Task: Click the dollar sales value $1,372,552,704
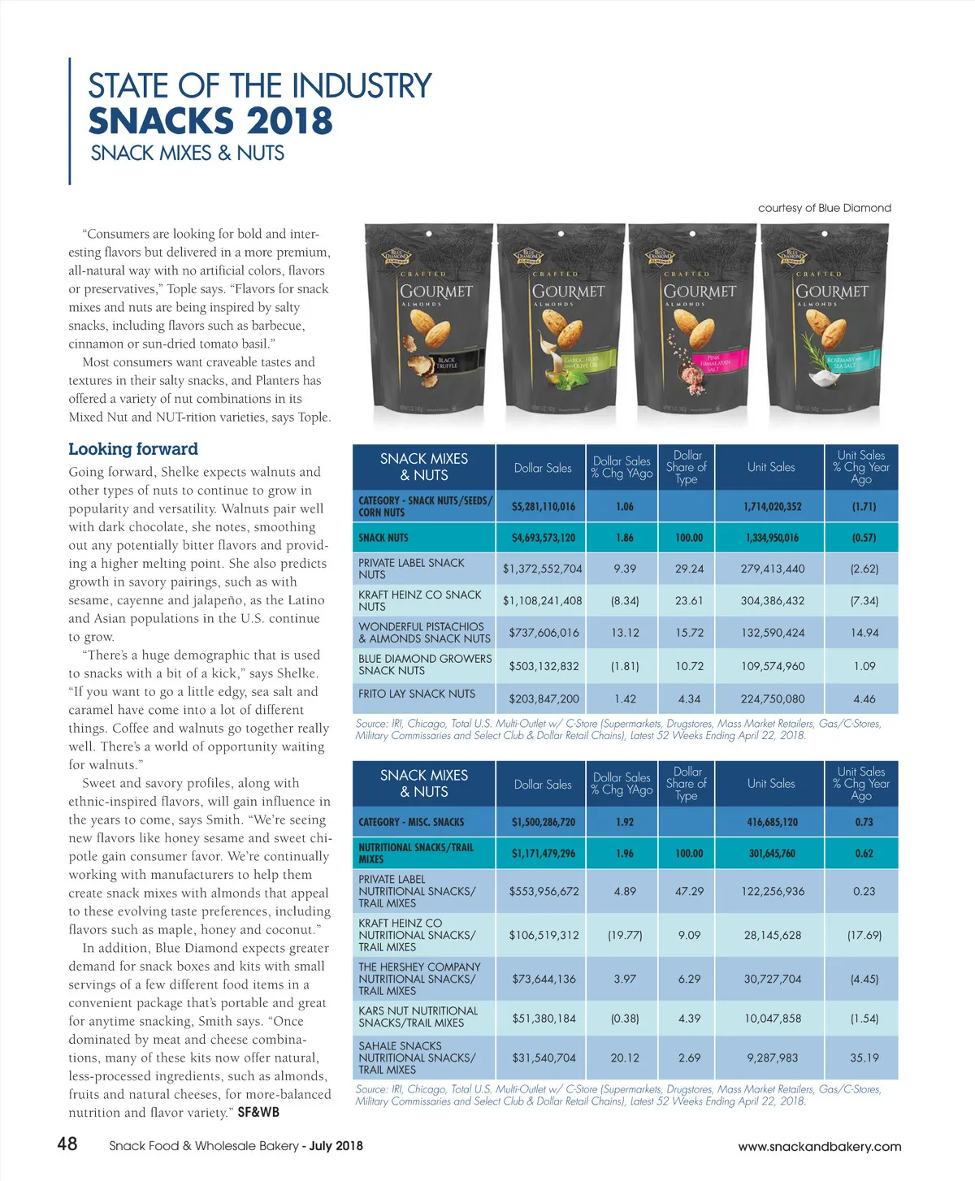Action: tap(542, 569)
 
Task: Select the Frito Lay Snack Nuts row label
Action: tap(417, 694)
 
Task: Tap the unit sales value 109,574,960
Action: tap(772, 666)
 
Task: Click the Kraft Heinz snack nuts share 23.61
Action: tap(689, 601)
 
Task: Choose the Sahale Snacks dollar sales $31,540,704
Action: tap(544, 1058)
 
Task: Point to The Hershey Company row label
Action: tap(419, 979)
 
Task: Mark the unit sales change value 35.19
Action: tap(864, 1058)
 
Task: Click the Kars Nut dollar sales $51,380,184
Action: tap(544, 1018)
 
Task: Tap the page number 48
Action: tap(67, 1144)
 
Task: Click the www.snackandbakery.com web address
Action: tap(819, 1147)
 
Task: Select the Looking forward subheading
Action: tap(133, 449)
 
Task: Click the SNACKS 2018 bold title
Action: tap(210, 121)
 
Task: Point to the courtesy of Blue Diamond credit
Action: tap(824, 208)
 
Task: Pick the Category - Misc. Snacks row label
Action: tap(411, 822)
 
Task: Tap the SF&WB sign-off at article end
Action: tap(258, 1112)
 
